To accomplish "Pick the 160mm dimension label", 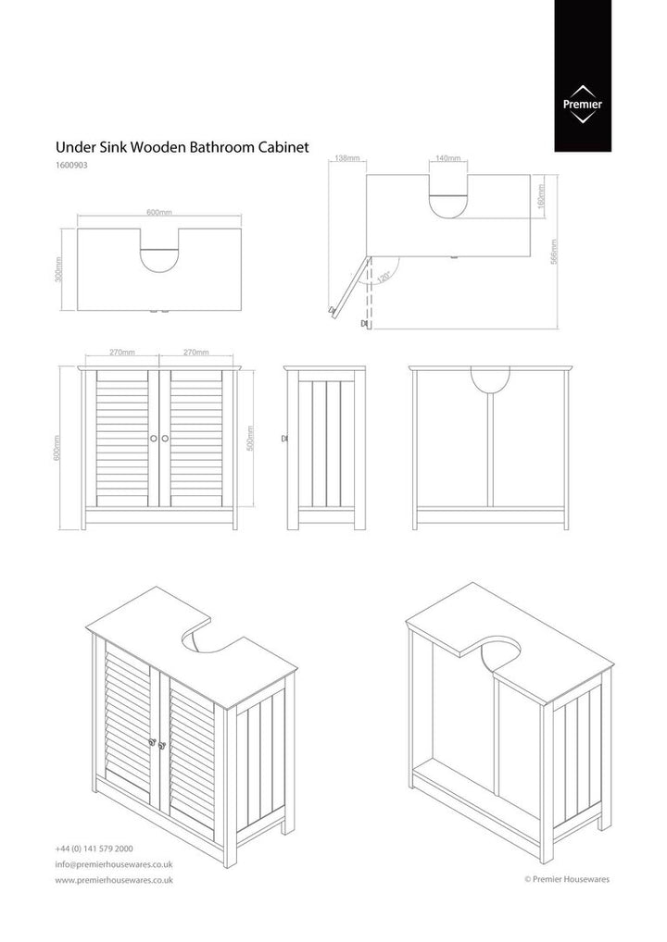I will (x=541, y=196).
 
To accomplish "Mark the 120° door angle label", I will (x=384, y=275).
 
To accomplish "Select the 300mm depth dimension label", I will (x=59, y=270).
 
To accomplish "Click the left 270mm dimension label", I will (x=121, y=353).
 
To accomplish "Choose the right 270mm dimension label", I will (x=195, y=353).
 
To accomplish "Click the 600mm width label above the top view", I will (x=158, y=213).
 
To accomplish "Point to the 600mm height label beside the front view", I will (x=58, y=449).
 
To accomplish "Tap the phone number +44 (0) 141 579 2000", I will (x=94, y=849).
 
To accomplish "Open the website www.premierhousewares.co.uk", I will (x=114, y=880).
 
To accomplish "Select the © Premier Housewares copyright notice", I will (x=567, y=880).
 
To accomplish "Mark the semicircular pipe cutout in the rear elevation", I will (x=490, y=377).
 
